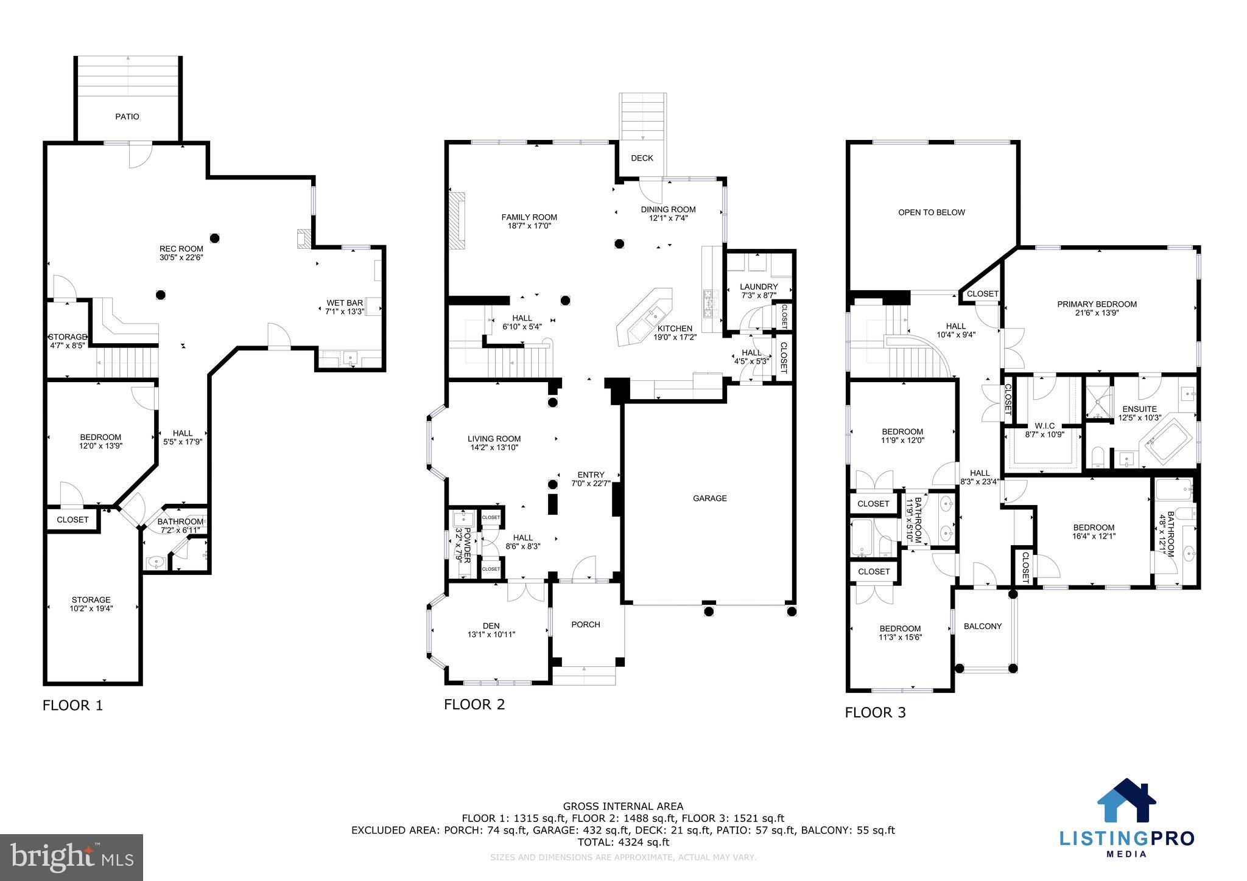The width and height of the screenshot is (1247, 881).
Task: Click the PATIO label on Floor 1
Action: [127, 116]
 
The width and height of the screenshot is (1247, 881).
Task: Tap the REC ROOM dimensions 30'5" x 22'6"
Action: [181, 257]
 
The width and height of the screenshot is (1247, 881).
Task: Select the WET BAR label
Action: [345, 303]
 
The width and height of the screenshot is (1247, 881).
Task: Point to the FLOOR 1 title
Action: [72, 705]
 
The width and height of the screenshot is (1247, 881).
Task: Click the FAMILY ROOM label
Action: [529, 217]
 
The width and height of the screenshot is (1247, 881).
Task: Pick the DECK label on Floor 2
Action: [642, 158]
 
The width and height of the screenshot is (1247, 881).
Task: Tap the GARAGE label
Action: [709, 498]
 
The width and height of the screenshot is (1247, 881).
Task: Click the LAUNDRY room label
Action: [759, 287]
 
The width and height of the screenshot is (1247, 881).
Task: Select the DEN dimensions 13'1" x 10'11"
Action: [491, 635]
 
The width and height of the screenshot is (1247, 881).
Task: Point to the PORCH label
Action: [586, 624]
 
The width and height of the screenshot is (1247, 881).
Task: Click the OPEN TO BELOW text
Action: [932, 212]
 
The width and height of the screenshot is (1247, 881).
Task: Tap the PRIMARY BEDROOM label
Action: [1097, 304]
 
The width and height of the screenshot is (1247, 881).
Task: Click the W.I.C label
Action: [1044, 426]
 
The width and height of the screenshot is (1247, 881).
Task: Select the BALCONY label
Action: [983, 626]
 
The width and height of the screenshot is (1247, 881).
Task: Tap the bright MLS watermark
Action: [71, 857]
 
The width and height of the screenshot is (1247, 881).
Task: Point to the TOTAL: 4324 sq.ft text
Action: [623, 842]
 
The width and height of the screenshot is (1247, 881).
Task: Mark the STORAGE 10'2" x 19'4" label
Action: [91, 599]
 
